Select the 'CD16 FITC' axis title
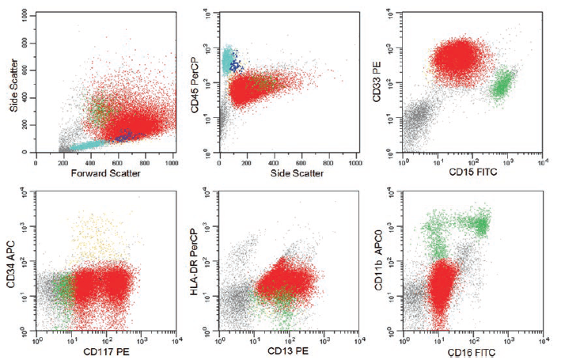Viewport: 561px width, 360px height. pyautogui.click(x=472, y=352)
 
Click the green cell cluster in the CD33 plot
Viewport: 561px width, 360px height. pyautogui.click(x=502, y=85)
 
